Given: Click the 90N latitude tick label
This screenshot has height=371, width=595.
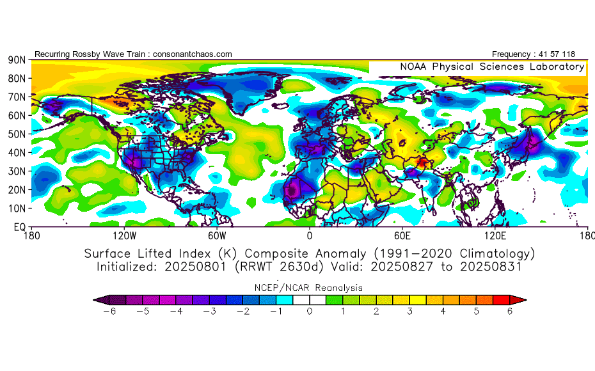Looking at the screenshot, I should (17, 59).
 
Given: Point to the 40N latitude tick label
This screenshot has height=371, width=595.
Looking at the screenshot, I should (17, 153).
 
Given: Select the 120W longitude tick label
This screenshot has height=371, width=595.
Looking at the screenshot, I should (123, 235).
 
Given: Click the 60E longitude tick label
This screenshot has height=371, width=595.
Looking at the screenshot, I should (402, 235).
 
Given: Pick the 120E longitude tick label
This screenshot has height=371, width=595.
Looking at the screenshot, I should (495, 235).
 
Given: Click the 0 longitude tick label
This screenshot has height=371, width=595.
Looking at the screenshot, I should (310, 235).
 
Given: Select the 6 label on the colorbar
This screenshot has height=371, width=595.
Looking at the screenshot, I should (511, 311).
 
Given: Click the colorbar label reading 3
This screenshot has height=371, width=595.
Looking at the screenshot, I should (410, 311).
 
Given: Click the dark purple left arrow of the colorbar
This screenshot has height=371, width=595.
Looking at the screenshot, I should (98, 299).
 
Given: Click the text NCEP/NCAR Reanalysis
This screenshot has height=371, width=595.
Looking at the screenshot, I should (309, 287).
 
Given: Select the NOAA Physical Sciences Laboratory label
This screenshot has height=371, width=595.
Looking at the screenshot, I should (492, 67).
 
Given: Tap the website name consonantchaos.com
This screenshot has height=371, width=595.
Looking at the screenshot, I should (193, 54).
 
